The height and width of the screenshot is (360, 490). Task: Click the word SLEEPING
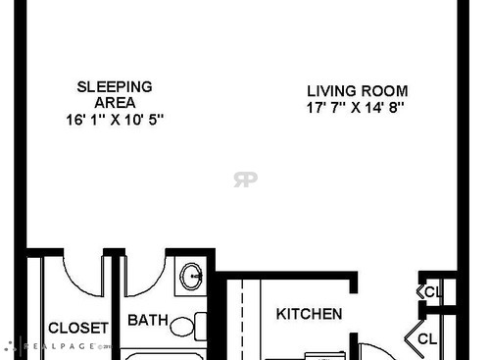point(114,86)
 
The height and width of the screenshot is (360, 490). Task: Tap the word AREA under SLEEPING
point(114,102)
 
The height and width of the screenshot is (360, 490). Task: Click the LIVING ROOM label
point(357,90)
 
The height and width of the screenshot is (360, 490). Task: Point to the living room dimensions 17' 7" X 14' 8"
point(355,107)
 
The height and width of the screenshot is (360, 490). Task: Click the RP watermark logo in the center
point(245,180)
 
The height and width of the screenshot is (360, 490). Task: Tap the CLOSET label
point(77,328)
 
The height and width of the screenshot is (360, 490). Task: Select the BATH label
point(148,320)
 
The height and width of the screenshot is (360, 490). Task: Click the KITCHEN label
point(309,314)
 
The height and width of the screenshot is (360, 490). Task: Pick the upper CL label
point(433,291)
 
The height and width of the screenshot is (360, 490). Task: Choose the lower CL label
point(428,339)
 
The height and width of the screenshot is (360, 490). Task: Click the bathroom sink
point(190,276)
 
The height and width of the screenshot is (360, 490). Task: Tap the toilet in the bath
point(185,325)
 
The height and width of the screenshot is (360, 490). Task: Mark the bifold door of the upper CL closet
point(420,291)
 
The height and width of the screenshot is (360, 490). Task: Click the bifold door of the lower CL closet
point(413,339)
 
